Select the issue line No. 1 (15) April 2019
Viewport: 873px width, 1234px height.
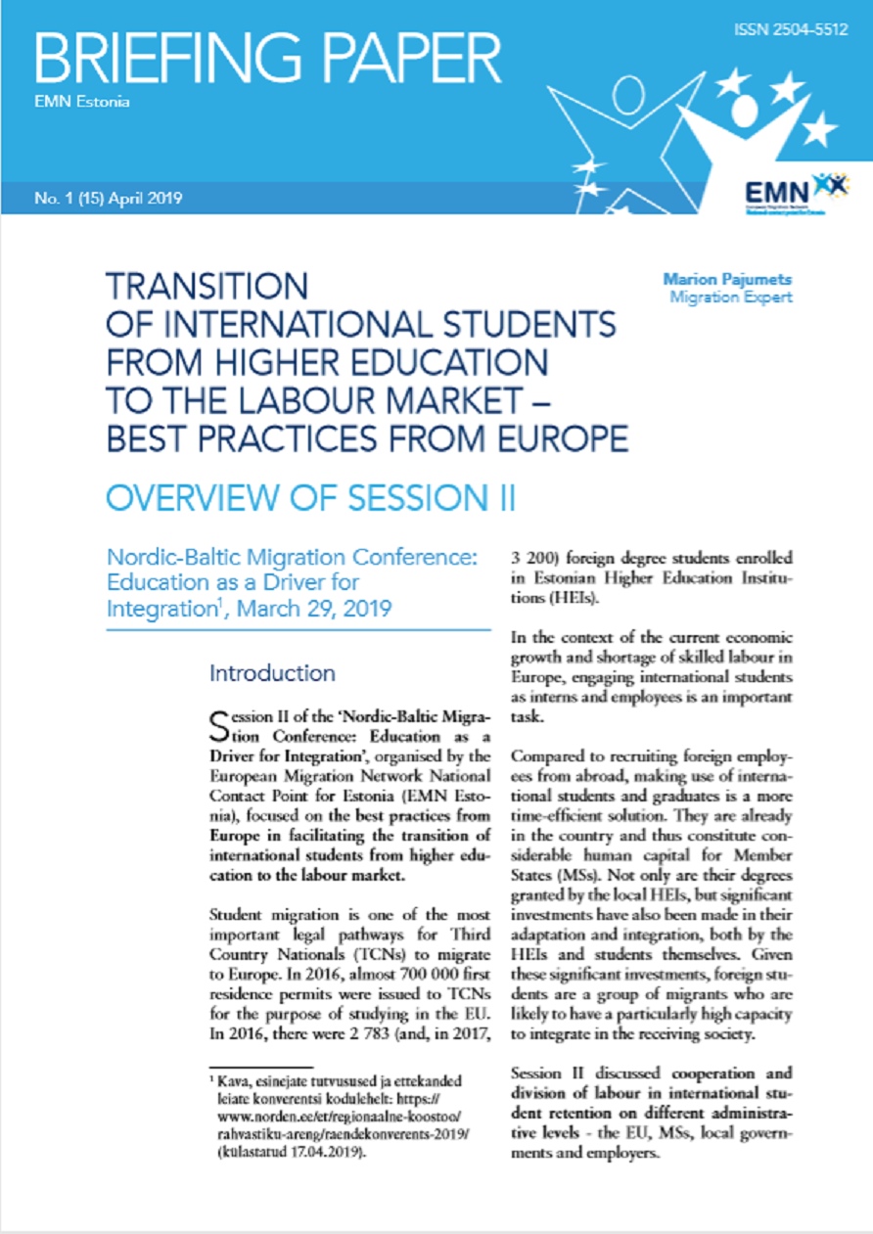tap(107, 199)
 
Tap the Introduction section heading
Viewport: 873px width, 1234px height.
tap(272, 673)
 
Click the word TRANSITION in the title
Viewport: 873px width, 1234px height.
tap(207, 287)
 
